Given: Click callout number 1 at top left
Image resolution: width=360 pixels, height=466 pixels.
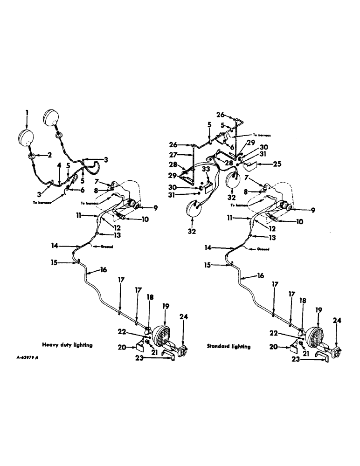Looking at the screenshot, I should tap(27, 112).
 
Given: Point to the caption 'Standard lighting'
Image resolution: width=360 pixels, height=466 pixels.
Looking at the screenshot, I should tap(228, 346).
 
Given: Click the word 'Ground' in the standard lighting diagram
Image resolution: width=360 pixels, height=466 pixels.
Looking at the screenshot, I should tap(263, 249).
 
